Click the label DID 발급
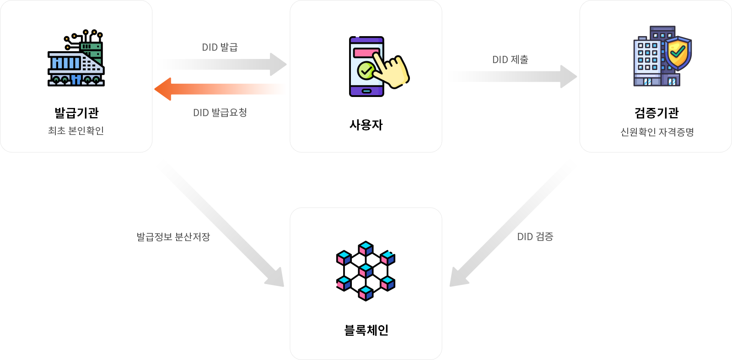tap(220, 47)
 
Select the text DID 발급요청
tap(220, 113)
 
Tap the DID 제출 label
tap(510, 59)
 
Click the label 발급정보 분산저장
tap(173, 237)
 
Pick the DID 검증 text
tap(535, 236)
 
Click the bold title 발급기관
tap(76, 113)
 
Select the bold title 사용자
tap(366, 125)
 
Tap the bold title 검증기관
tap(657, 113)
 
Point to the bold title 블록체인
tap(366, 330)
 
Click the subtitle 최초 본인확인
tap(76, 131)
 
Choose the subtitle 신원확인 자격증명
tap(657, 132)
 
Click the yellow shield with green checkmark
tap(678, 53)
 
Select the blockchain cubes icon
tap(366, 271)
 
